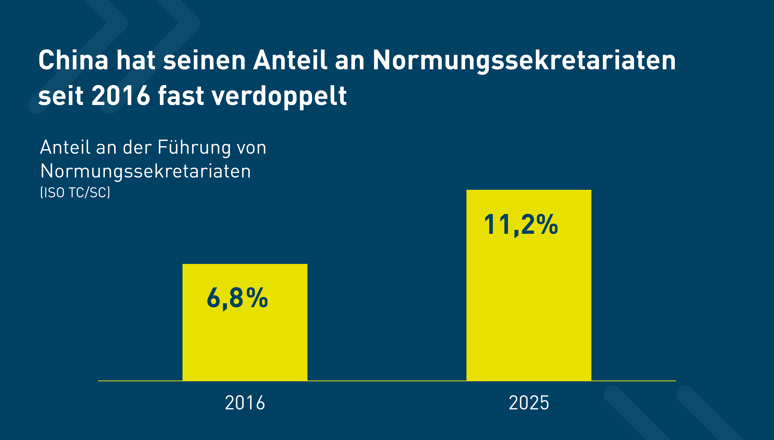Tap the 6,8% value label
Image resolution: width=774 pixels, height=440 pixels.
pos(237,298)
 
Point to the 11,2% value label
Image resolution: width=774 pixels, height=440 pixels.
pos(521,224)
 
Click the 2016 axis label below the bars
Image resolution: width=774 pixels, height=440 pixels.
pos(245,403)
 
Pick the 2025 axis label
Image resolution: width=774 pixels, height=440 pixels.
pos(528,403)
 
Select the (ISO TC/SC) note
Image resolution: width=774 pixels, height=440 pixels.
pos(75,193)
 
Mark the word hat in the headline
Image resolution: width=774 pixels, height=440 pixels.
pos(136,60)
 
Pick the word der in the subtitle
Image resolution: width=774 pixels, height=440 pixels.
pos(137,148)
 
